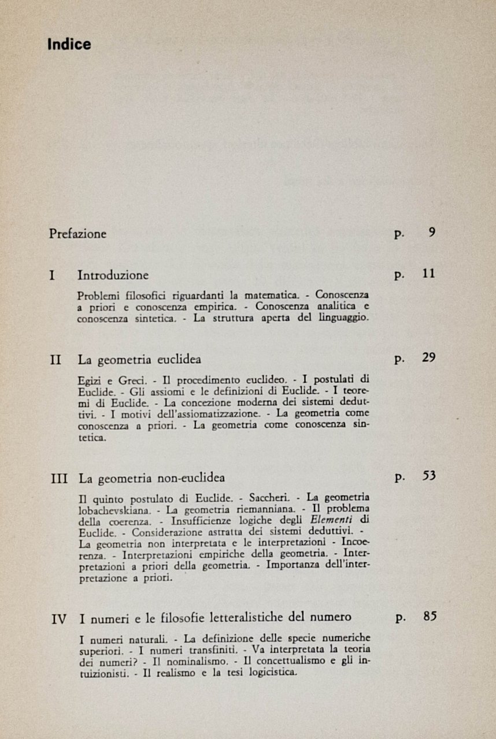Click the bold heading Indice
(x=69, y=44)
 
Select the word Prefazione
(x=77, y=234)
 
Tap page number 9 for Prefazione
(x=431, y=233)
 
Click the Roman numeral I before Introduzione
(x=53, y=275)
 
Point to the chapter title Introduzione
(x=113, y=275)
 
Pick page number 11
(x=428, y=274)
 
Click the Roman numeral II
(x=55, y=359)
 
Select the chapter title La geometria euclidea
(x=139, y=359)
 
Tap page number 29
(x=428, y=358)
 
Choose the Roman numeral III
(x=59, y=478)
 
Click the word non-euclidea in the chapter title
(x=196, y=478)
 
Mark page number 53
(x=428, y=477)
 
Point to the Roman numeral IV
(x=59, y=618)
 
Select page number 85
(x=429, y=616)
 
